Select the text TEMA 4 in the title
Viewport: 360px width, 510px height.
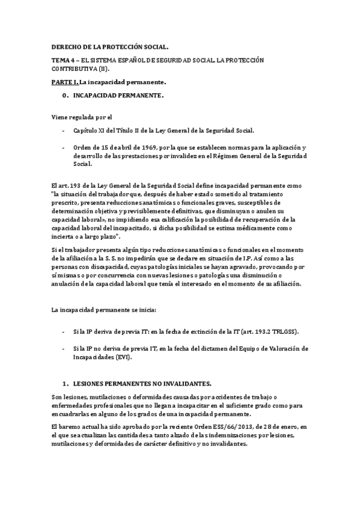click(61, 61)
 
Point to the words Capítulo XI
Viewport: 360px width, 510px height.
click(90, 131)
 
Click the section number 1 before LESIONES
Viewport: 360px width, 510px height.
click(64, 383)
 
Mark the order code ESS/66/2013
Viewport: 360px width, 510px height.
click(210, 426)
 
